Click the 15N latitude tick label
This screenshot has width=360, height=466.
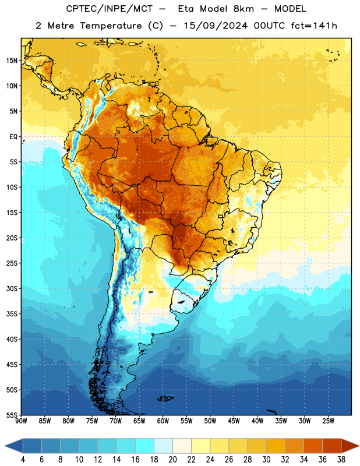[x=12, y=61]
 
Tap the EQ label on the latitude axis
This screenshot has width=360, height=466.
[x=13, y=137]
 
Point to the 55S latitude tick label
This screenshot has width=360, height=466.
[x=12, y=415]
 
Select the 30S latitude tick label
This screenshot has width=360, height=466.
[x=12, y=288]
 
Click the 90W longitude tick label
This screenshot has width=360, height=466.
[x=22, y=421]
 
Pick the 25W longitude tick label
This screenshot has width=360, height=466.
[x=328, y=421]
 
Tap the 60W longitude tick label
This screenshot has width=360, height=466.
[x=163, y=421]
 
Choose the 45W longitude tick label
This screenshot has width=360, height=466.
[x=234, y=421]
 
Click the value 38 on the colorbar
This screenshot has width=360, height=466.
[x=341, y=460]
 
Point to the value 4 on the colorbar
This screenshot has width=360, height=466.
[x=23, y=460]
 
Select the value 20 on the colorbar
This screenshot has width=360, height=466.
[x=172, y=460]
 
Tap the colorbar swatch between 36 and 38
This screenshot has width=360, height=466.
[x=332, y=446]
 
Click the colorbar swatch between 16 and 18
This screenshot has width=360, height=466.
[x=144, y=446]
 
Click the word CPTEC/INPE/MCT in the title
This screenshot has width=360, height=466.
[x=110, y=9]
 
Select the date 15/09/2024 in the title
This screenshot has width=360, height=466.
[x=216, y=26]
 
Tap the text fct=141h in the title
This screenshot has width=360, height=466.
[x=314, y=26]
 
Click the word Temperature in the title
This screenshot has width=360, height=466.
[x=111, y=26]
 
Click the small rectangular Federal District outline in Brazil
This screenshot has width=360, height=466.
[x=221, y=216]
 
